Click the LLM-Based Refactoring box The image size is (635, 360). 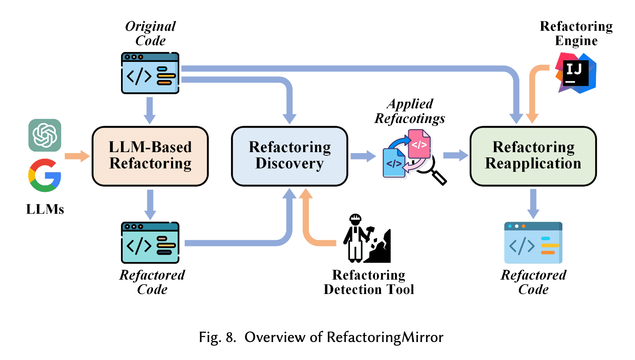click(150, 156)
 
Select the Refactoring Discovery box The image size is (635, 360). click(290, 156)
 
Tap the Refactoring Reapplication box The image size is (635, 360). click(533, 156)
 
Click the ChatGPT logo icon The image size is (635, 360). click(45, 135)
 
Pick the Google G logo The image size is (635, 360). click(45, 175)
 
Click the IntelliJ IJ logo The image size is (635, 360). click(576, 73)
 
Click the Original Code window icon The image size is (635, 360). click(150, 73)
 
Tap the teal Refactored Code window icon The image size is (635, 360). click(150, 243)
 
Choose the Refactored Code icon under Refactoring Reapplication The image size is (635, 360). click(533, 243)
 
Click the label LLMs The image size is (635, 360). click(45, 209)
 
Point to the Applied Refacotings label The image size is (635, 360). click(410, 111)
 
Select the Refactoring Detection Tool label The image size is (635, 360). click(368, 282)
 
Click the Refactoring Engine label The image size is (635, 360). click(576, 33)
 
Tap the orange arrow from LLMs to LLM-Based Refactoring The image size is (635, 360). click(77, 156)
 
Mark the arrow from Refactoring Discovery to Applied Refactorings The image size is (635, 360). click(363, 156)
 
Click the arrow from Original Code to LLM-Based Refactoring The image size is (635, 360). click(150, 110)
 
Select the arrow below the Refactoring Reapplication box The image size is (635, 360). click(533, 203)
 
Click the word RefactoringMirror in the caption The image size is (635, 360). click(385, 337)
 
